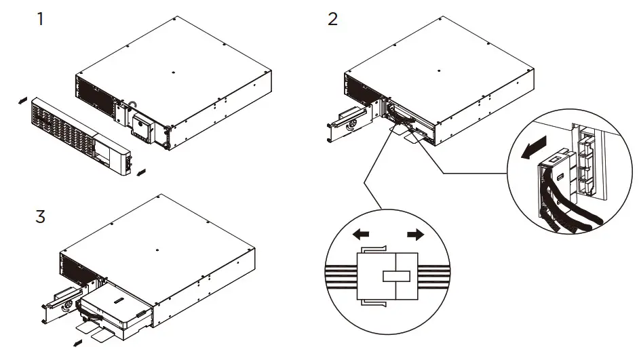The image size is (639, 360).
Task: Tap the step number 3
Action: click(x=41, y=219)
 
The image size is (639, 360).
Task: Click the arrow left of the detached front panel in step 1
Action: click(x=22, y=100)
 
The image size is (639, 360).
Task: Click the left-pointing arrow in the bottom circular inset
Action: click(x=362, y=235)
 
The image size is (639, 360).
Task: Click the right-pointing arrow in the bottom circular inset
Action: click(x=414, y=235)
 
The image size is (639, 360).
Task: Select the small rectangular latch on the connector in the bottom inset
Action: click(x=396, y=277)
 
